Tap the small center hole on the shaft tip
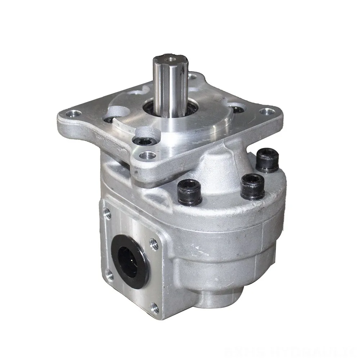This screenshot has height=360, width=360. [168, 58]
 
